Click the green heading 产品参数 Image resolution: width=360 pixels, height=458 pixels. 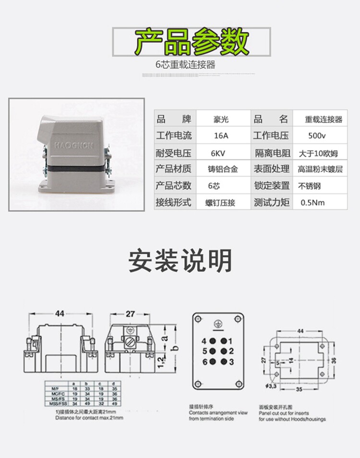(x=191, y=42)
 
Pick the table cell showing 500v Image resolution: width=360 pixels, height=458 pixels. (x=317, y=136)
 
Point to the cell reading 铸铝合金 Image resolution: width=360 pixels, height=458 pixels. (x=222, y=169)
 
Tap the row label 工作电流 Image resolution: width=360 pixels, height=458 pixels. (x=174, y=136)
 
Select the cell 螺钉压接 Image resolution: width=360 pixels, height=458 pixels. (x=222, y=202)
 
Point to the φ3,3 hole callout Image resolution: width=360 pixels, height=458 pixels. (x=273, y=384)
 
